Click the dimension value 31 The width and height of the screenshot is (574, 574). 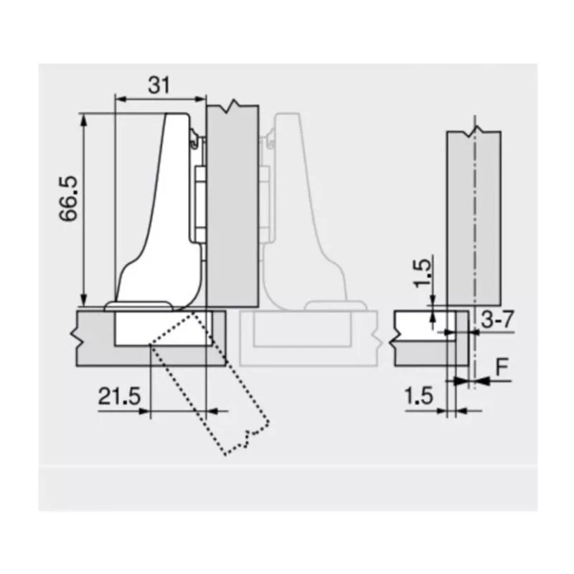[159, 85]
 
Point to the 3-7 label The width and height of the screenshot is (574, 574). [497, 320]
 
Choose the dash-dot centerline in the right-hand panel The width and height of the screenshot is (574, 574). [474, 215]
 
